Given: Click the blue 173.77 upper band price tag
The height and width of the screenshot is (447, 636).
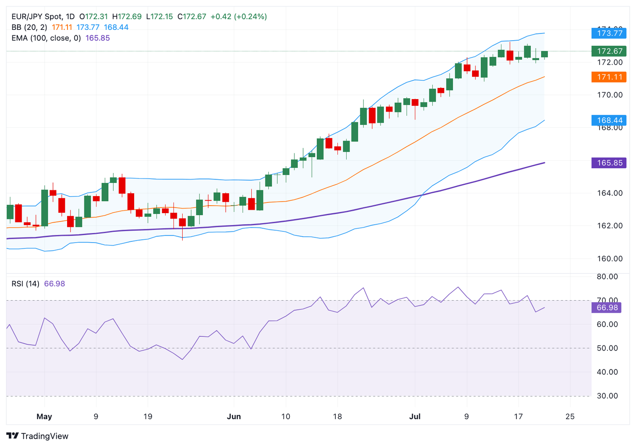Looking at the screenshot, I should [609, 33].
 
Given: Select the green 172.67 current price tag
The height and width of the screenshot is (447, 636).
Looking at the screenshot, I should [609, 51].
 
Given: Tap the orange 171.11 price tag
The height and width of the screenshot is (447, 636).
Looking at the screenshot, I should [609, 77].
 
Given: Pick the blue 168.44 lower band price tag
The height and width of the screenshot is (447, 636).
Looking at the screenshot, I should [609, 120].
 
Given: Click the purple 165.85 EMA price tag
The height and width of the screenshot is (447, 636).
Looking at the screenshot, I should [609, 163].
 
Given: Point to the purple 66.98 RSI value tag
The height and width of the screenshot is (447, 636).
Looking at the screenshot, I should [607, 308].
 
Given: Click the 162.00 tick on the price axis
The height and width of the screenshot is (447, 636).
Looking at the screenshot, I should [609, 226].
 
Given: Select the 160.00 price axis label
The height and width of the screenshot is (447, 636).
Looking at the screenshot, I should [609, 259].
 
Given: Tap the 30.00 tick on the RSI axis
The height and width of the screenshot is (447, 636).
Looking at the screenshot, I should [607, 396].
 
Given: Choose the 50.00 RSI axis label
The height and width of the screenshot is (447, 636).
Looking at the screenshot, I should [607, 348].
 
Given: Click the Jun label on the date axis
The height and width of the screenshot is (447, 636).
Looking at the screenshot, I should [234, 417].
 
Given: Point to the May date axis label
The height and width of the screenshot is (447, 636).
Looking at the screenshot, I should [44, 417].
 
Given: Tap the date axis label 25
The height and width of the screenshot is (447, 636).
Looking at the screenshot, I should [570, 417].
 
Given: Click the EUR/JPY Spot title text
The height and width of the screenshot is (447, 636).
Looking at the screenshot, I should [37, 17].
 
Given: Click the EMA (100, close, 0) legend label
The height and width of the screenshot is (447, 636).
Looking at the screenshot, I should [46, 38].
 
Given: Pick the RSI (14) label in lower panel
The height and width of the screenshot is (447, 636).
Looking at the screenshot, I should [25, 284].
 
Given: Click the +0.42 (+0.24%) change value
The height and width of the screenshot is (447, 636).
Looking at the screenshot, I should [238, 17].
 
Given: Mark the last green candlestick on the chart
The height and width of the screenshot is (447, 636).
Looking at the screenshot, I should [544, 54].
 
